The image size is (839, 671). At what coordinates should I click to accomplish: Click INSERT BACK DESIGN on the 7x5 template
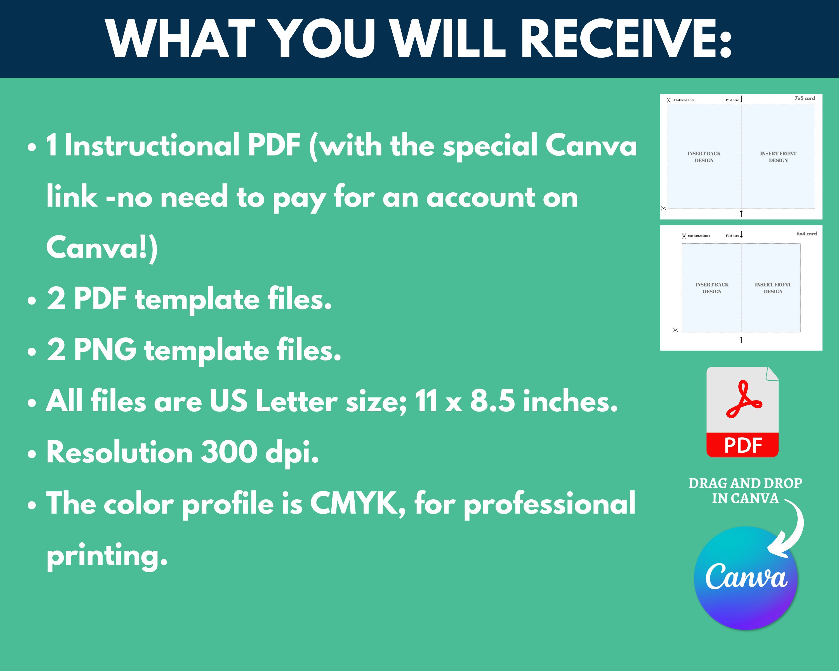704,157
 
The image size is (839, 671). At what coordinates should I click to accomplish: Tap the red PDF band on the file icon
743,445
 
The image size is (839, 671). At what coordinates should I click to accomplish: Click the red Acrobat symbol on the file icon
744,400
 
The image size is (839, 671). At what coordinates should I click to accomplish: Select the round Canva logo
746,578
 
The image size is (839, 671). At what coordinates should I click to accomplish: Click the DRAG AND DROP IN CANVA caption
746,490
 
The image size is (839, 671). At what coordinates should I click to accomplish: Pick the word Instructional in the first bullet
152,145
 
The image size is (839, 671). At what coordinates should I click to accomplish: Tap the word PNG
105,350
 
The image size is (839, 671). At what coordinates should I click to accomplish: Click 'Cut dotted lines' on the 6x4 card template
699,236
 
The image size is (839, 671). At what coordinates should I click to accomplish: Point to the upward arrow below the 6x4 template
741,340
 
